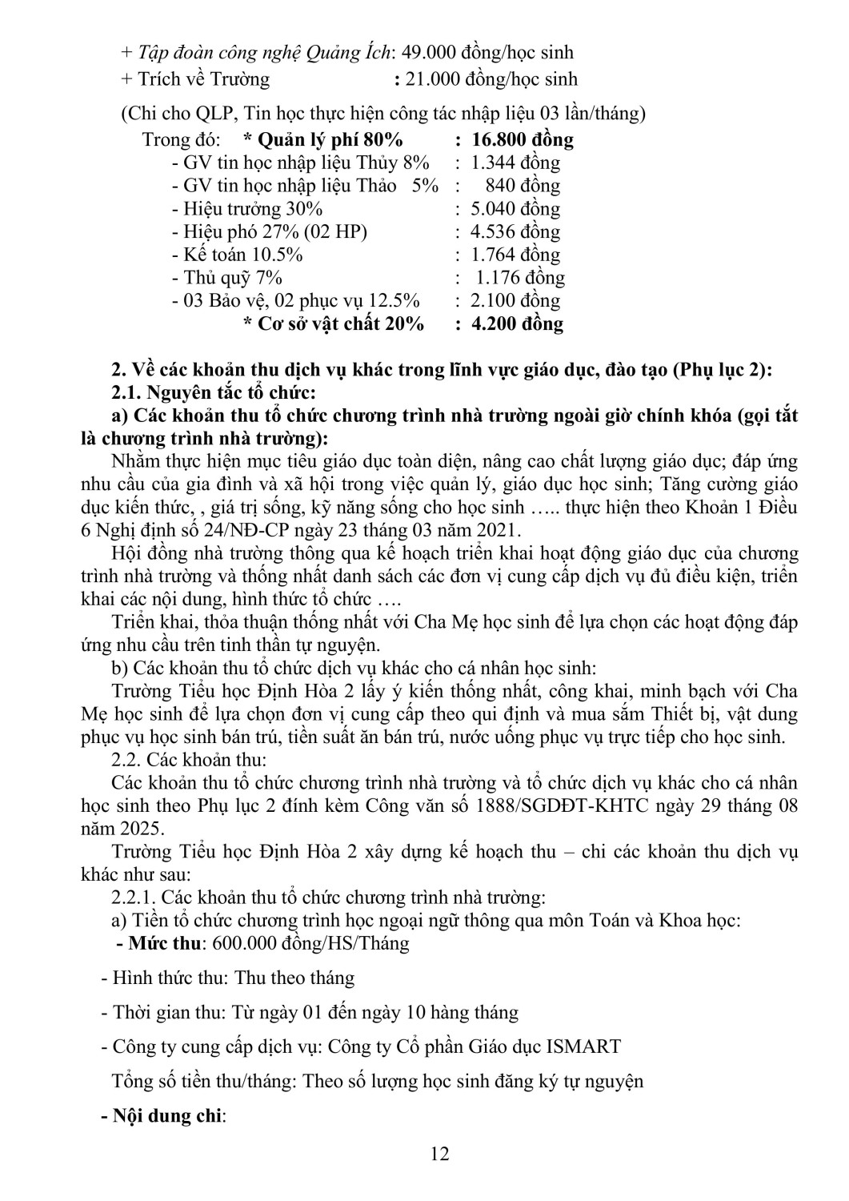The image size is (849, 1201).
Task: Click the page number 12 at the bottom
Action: tap(439, 1154)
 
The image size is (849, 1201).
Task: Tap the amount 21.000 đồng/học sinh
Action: tap(492, 79)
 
